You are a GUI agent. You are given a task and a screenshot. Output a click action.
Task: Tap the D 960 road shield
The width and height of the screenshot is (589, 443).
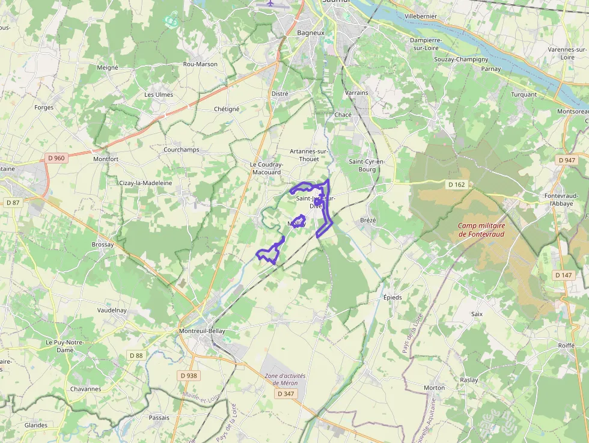[56, 158]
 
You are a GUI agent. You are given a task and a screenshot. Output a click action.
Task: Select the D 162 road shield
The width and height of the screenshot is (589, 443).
[456, 184]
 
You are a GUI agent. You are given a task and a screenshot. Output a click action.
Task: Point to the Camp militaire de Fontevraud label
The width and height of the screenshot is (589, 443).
[482, 230]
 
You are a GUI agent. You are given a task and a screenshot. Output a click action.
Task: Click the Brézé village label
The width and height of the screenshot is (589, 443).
[368, 220]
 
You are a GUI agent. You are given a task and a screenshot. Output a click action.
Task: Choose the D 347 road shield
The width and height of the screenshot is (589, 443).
[287, 394]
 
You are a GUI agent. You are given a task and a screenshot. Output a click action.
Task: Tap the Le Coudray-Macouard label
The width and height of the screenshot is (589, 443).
[266, 168]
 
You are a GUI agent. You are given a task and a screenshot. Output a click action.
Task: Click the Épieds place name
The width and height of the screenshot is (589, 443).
[392, 297]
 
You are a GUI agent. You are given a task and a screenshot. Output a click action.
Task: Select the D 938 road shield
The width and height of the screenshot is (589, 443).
[188, 376]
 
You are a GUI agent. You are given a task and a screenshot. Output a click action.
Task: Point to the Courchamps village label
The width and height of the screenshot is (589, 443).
[182, 150]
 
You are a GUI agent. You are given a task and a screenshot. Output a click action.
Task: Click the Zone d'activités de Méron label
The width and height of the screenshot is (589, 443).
[285, 379]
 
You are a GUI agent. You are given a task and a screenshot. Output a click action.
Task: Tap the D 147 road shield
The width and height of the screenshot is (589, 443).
[564, 275]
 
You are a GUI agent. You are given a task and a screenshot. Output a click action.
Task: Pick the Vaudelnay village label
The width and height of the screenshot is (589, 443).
[112, 310]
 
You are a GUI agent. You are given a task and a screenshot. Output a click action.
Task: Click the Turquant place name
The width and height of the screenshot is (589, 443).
[523, 94]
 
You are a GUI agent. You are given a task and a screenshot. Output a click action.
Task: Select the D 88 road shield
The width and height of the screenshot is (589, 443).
[136, 355]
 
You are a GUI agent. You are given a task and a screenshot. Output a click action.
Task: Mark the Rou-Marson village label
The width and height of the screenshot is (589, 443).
[200, 64]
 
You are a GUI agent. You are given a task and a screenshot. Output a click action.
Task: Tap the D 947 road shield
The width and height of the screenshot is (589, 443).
[567, 160]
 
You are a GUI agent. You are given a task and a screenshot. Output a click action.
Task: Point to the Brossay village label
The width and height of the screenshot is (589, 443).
[103, 245]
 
